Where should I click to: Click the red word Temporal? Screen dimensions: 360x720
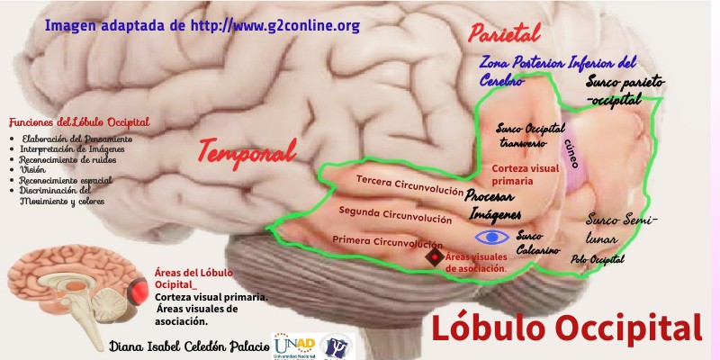click(247, 151)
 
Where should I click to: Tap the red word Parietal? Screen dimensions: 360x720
click(504, 35)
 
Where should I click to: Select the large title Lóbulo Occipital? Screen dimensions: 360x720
click(567, 328)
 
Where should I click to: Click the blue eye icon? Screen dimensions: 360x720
click(491, 238)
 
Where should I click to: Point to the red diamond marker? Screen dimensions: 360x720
click(436, 258)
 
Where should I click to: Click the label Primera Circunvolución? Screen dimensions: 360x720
click(387, 241)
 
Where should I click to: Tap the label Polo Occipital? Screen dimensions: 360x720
click(597, 259)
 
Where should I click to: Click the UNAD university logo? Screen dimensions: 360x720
click(294, 346)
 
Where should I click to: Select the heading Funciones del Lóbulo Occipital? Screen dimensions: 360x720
click(78, 122)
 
